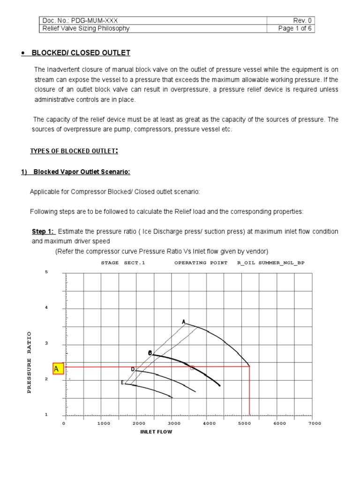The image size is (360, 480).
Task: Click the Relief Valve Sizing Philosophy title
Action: (x=86, y=28)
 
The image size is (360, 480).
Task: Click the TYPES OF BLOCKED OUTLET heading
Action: (x=74, y=150)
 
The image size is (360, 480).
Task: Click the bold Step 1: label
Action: (x=43, y=232)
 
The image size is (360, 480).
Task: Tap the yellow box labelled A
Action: (x=57, y=369)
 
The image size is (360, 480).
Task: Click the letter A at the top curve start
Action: (x=184, y=322)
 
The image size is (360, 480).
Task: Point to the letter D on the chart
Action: (x=133, y=369)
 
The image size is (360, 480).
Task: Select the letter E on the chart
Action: (x=122, y=382)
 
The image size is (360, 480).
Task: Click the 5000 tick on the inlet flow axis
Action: (x=243, y=423)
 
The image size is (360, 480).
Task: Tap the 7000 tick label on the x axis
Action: (x=315, y=423)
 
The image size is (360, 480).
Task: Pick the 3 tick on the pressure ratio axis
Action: (x=46, y=344)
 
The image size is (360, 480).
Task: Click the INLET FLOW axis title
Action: (x=156, y=432)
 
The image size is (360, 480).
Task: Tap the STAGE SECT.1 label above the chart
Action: (x=123, y=263)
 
